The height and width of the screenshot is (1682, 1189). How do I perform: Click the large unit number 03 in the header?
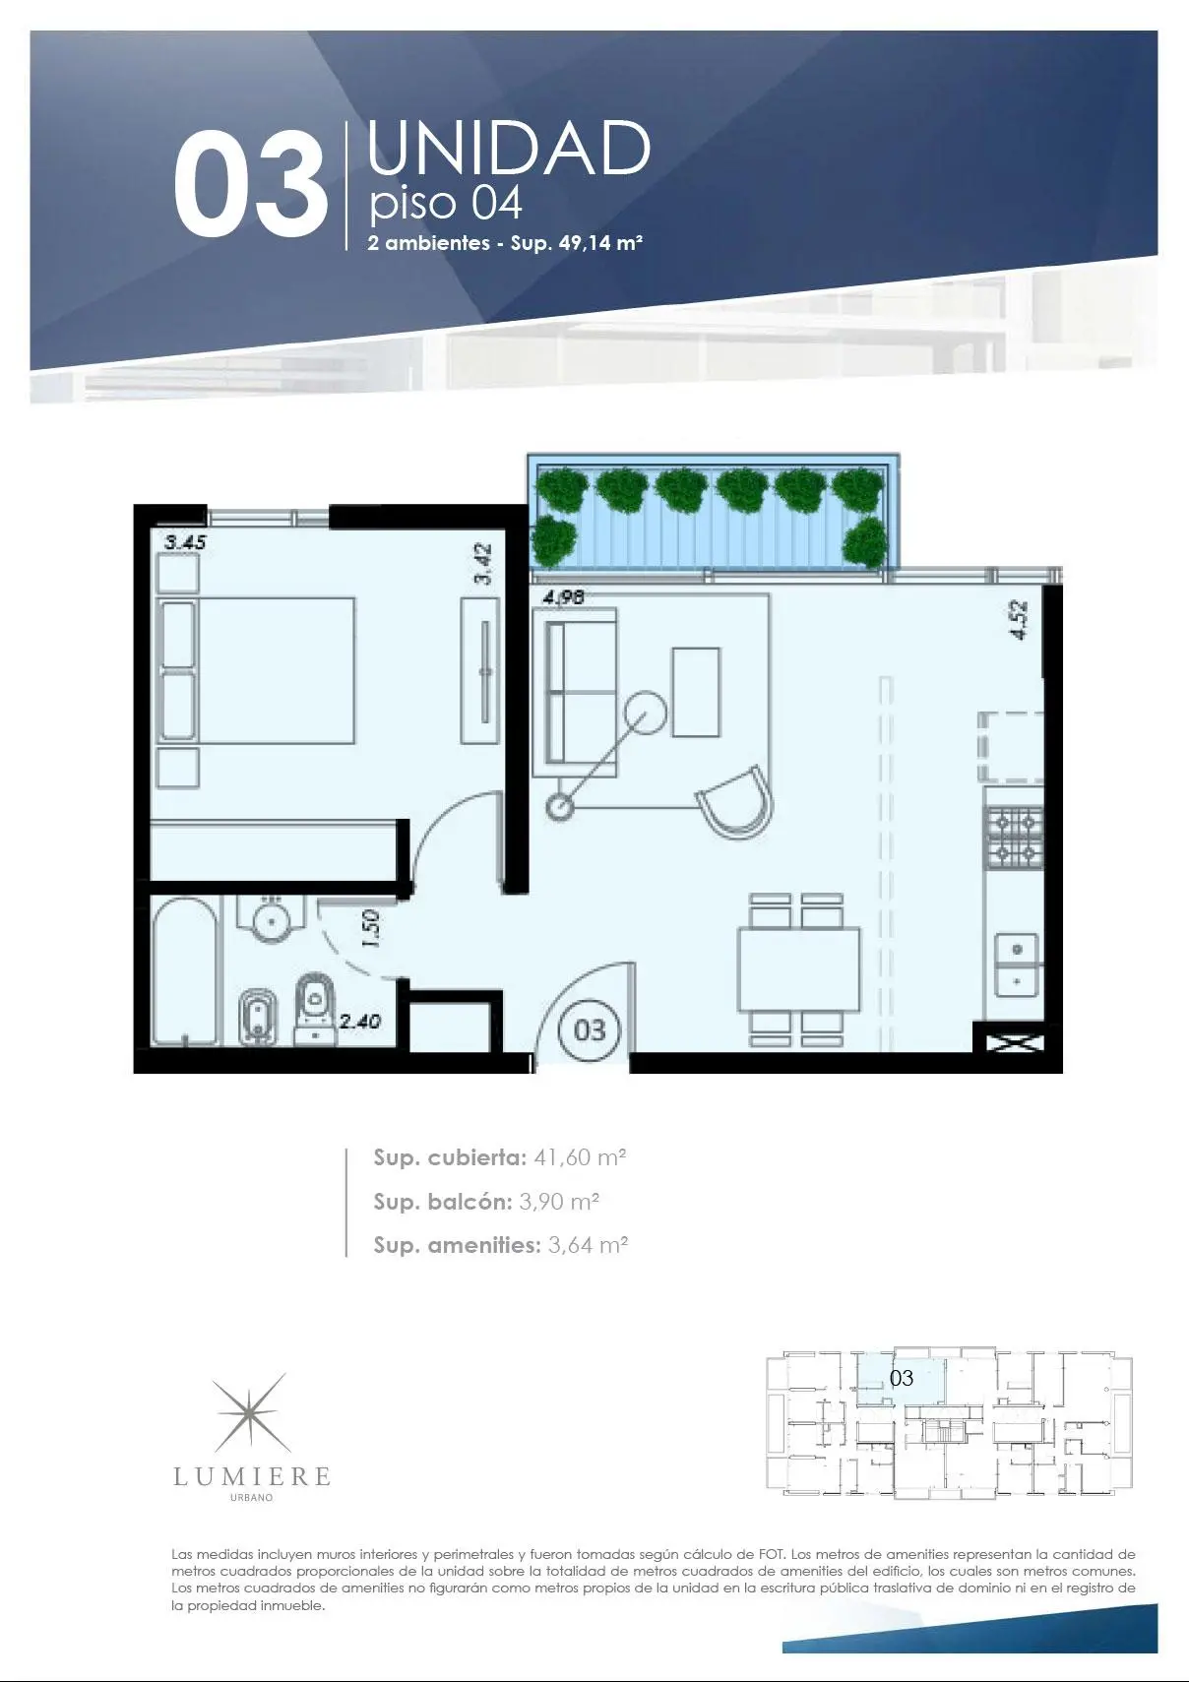tap(250, 185)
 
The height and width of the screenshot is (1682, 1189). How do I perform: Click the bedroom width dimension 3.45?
tap(185, 542)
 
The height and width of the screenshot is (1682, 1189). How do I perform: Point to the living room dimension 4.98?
tap(564, 597)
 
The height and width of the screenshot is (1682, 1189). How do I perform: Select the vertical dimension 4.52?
tap(1020, 620)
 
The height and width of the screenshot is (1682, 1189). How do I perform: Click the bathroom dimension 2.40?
tap(360, 1022)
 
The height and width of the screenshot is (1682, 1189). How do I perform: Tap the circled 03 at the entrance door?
tap(590, 1029)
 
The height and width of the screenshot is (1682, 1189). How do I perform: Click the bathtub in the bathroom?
tap(185, 970)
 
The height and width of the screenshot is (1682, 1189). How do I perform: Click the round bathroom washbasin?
tap(271, 920)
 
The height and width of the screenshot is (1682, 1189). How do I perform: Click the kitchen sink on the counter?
tap(1017, 965)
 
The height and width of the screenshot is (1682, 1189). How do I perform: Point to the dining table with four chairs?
tap(798, 969)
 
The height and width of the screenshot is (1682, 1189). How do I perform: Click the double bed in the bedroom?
tap(255, 670)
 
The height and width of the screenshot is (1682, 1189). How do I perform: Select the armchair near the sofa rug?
tap(735, 803)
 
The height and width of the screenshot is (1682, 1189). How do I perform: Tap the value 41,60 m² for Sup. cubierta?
tap(580, 1157)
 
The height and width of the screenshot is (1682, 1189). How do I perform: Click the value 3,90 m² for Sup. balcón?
tap(559, 1202)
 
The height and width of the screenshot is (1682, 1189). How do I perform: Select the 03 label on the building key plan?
tap(902, 1378)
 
